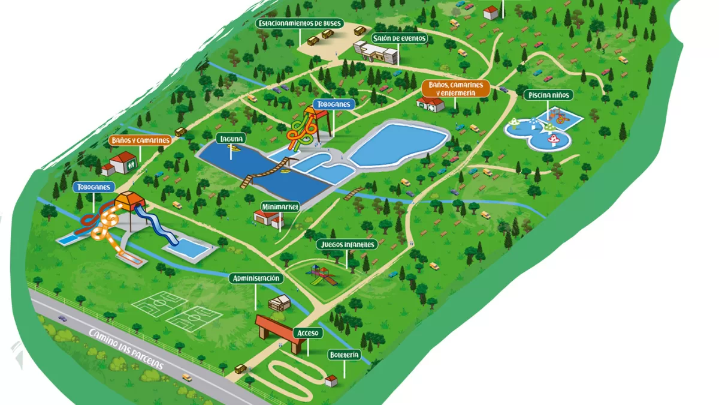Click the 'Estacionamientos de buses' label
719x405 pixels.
300,23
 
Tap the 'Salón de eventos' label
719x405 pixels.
400,38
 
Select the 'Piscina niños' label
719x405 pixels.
548,95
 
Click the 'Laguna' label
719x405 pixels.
231,139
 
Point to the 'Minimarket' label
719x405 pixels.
280,207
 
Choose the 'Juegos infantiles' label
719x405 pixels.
347,244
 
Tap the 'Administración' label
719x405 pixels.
256,278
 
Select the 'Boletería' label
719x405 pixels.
345,355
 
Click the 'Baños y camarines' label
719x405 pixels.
141,140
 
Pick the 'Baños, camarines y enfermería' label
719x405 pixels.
455,89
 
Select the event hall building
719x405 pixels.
376,52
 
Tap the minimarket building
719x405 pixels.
268,219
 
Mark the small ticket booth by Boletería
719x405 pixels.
331,380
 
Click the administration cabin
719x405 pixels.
279,302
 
